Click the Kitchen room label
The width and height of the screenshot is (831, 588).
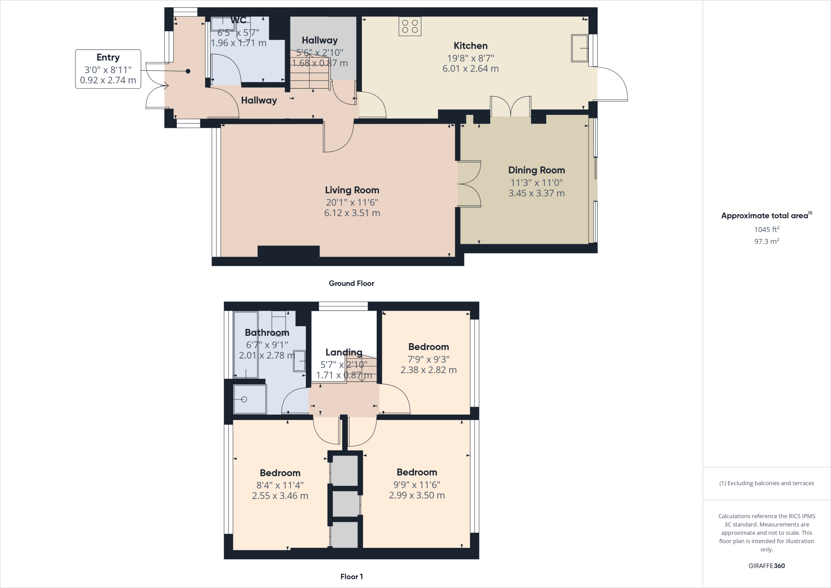[x=470, y=46]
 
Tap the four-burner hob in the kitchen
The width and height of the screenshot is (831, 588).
[x=410, y=26]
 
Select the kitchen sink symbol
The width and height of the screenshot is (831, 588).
[x=580, y=48]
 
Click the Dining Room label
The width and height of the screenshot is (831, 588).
[x=536, y=170]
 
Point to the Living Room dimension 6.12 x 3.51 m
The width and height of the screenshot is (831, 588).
[x=352, y=213]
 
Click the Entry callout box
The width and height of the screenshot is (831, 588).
[x=108, y=69]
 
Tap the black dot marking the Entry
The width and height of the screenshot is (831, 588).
[x=188, y=71]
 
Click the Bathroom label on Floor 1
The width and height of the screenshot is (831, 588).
[x=267, y=333]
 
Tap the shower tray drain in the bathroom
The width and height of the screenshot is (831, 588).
[x=244, y=400]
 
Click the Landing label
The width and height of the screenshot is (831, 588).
[x=344, y=352]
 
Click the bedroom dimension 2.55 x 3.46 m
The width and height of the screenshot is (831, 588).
[x=280, y=496]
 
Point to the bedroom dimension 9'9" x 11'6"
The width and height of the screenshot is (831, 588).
[x=417, y=484]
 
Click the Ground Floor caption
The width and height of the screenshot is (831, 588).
[x=351, y=283]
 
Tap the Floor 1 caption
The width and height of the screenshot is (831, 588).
[x=351, y=577]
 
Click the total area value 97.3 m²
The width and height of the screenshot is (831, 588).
[x=766, y=242]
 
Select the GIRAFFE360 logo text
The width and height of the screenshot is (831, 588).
[x=766, y=566]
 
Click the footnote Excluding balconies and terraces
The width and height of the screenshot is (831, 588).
[x=766, y=483]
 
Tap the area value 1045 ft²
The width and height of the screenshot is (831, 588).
[x=766, y=229]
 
